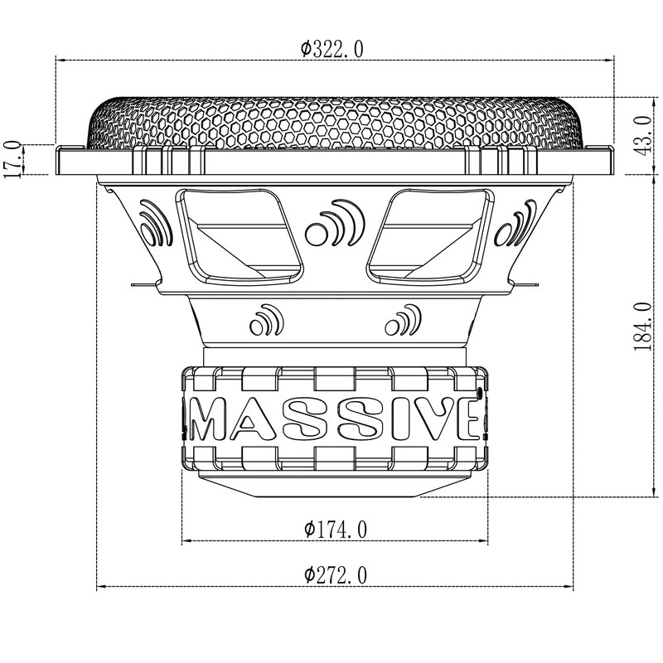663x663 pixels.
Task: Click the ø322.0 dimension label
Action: point(331,49)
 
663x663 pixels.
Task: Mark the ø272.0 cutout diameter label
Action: point(336,574)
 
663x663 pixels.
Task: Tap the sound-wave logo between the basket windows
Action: point(331,224)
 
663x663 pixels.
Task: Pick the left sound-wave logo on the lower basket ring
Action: point(264,320)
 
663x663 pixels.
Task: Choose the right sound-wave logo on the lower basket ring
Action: point(401,320)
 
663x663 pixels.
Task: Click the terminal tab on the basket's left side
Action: point(141,286)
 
